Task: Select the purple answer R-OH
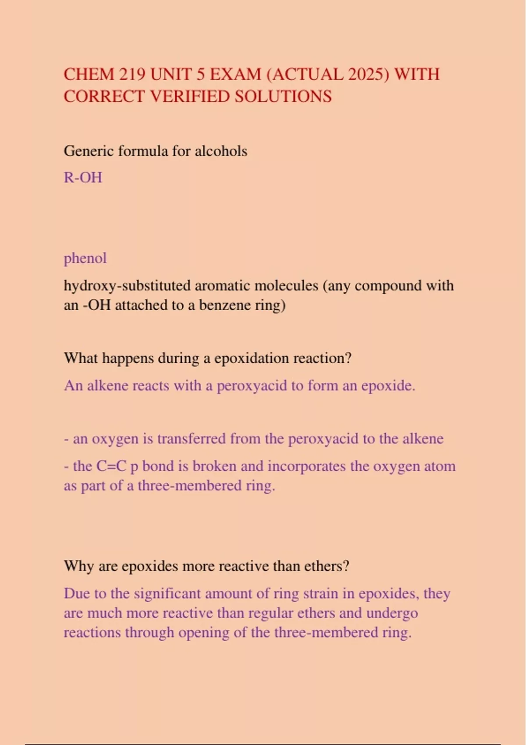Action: pyautogui.click(x=83, y=177)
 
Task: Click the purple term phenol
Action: pyautogui.click(x=85, y=258)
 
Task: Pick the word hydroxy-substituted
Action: pyautogui.click(x=127, y=286)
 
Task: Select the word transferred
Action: pyautogui.click(x=192, y=439)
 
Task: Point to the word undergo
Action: pyautogui.click(x=392, y=613)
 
